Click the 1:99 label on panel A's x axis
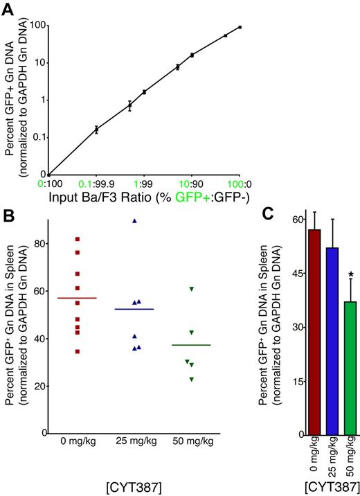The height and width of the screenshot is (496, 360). tap(143, 185)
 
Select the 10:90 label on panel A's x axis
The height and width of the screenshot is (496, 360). tap(191, 185)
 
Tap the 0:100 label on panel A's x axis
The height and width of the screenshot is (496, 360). tap(51, 185)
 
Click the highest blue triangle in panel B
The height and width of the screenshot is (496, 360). tap(136, 221)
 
